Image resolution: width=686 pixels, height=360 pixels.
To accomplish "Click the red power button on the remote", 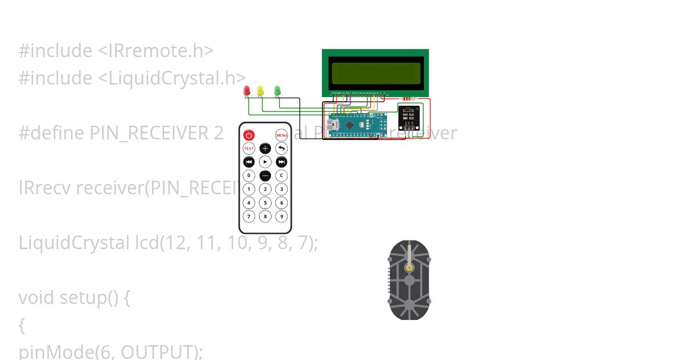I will pyautogui.click(x=249, y=135).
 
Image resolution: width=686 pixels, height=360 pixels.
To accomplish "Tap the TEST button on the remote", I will pyautogui.click(x=249, y=149).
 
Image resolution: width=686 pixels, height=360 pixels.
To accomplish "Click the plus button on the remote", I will pyautogui.click(x=265, y=149).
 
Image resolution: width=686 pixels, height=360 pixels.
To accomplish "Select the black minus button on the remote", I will pyautogui.click(x=265, y=175).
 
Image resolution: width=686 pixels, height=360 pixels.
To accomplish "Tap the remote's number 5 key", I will pyautogui.click(x=265, y=202).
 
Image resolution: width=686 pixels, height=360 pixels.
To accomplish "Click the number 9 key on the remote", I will pyautogui.click(x=281, y=216).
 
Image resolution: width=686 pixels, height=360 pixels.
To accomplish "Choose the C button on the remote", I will pyautogui.click(x=281, y=175).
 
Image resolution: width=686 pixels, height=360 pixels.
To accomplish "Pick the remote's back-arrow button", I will pyautogui.click(x=281, y=149).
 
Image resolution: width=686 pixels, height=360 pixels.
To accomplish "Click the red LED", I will pyautogui.click(x=247, y=90).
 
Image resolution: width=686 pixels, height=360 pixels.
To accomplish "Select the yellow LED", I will pyautogui.click(x=261, y=90).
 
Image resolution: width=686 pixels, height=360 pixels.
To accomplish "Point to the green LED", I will pyautogui.click(x=277, y=90).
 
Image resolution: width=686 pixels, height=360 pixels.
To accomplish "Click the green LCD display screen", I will pyautogui.click(x=376, y=73).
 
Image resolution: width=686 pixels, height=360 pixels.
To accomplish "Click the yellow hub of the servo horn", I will pyautogui.click(x=409, y=267).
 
